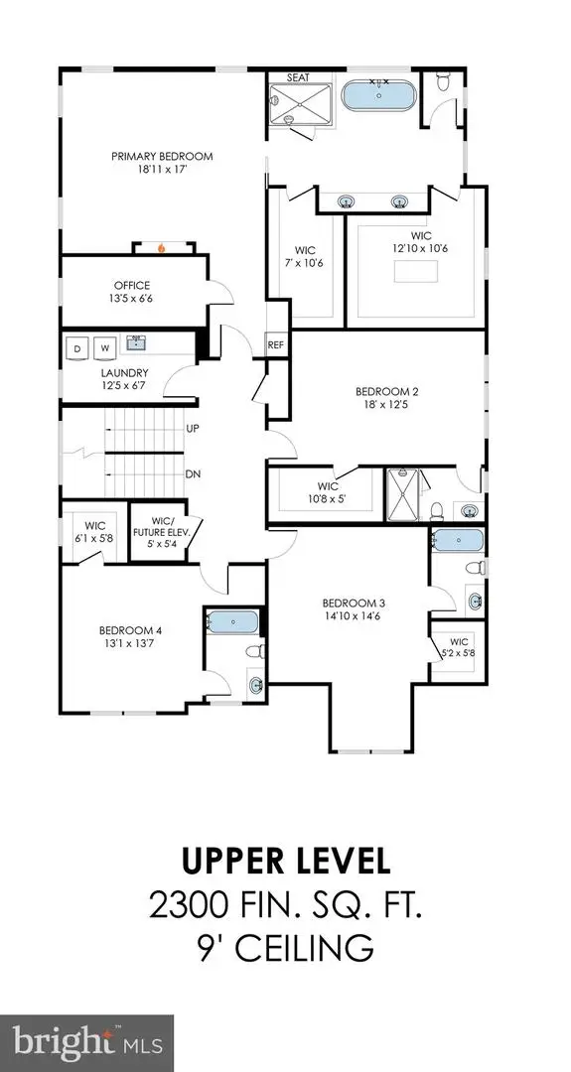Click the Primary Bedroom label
click(161, 157)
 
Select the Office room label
click(131, 286)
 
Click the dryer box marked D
click(75, 347)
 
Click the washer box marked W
click(103, 347)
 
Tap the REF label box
click(276, 345)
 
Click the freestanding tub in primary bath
click(380, 97)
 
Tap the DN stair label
click(194, 474)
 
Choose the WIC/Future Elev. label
click(163, 531)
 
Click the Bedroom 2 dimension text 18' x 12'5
click(382, 405)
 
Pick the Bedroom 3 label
click(352, 603)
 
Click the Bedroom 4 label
click(129, 630)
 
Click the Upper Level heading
click(284, 860)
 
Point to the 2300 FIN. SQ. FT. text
click(284, 904)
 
